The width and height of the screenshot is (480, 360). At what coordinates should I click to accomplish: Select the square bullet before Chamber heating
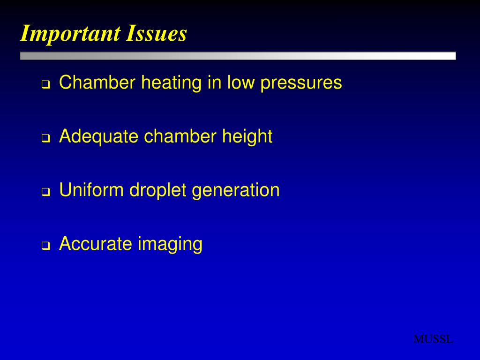click(46, 85)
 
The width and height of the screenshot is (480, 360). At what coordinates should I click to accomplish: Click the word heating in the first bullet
click(172, 83)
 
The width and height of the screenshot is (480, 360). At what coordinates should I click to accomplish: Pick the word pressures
click(301, 83)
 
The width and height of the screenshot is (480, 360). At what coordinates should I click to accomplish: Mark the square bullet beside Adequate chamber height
click(46, 138)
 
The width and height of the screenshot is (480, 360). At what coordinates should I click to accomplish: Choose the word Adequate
click(99, 137)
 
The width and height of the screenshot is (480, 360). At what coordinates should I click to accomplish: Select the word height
click(247, 137)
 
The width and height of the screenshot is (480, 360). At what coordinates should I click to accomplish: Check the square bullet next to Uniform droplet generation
click(46, 192)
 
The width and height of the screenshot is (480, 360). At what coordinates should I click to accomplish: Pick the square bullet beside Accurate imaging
click(46, 246)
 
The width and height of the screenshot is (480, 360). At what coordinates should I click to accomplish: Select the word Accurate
click(96, 244)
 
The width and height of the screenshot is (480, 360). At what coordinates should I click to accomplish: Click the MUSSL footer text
click(433, 339)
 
